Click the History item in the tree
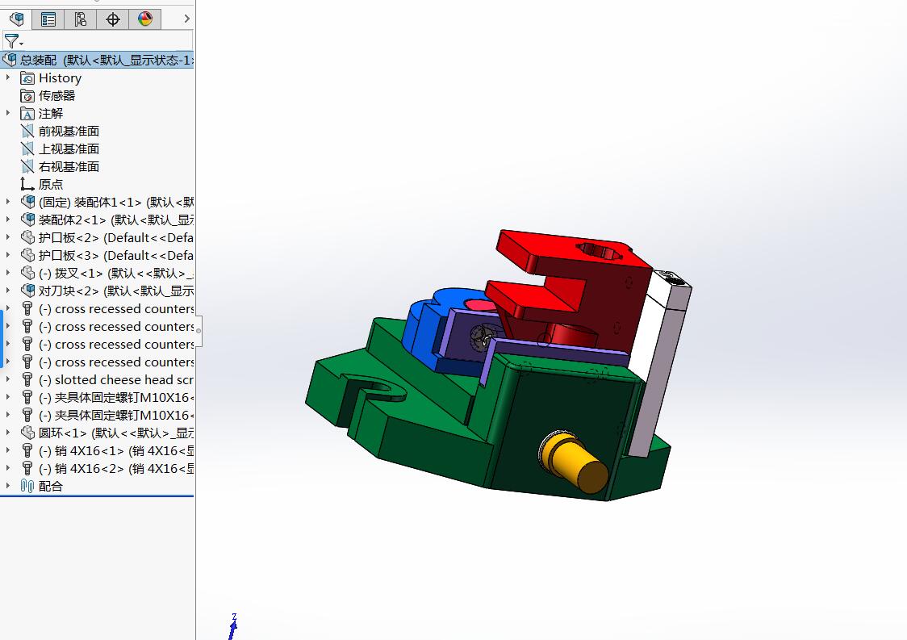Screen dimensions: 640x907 tap(60, 78)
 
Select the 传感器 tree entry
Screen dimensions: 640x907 tap(56, 96)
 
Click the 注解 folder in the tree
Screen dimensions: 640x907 tap(50, 114)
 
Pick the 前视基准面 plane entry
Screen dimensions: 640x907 tap(69, 132)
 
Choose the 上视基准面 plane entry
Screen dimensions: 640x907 tap(69, 149)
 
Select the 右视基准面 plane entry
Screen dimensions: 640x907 tap(69, 167)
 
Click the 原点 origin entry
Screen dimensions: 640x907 tap(50, 185)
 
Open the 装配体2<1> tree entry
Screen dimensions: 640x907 tap(113, 220)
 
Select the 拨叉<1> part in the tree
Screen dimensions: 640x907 tap(113, 274)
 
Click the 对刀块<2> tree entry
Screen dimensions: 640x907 tap(113, 291)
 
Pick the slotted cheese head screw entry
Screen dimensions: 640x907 tap(121, 380)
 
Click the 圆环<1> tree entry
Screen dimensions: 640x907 tap(113, 433)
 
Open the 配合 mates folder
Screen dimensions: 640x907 tap(50, 487)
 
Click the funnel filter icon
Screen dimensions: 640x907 tap(11, 40)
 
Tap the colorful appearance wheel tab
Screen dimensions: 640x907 tap(145, 19)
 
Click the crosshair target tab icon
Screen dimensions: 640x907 tap(113, 19)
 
